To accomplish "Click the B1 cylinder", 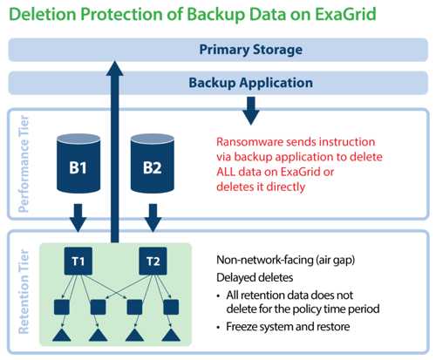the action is [78, 163].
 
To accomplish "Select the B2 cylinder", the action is [153, 163].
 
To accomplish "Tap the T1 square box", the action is [78, 261].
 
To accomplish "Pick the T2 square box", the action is [153, 261].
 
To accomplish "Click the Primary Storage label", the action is [250, 50].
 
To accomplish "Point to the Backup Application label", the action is [250, 83].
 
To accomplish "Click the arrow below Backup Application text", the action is [251, 111].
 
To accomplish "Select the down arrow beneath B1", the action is [78, 218].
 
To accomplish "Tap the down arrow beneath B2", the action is [153, 218].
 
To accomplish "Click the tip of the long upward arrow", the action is [115, 61].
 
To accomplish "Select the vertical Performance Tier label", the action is [24, 164].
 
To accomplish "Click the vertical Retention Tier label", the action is [24, 292].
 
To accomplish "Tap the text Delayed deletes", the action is [255, 277].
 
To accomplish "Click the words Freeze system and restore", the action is [288, 327].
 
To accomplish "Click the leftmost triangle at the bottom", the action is [62, 335].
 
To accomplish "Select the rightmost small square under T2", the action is [171, 307].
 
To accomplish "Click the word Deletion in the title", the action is [43, 14].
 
